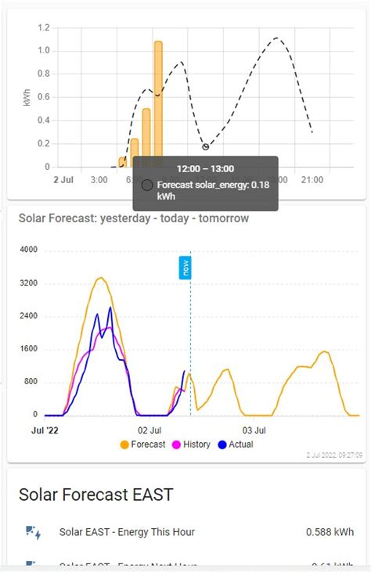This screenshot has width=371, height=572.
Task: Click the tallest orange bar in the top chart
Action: click(158, 102)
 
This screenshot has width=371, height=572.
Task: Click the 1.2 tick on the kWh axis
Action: click(43, 27)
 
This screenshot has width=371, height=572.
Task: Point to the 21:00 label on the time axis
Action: click(312, 180)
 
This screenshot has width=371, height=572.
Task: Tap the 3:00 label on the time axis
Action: click(99, 180)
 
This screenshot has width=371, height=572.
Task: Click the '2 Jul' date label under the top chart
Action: click(63, 180)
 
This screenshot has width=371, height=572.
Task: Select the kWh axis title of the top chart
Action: click(27, 97)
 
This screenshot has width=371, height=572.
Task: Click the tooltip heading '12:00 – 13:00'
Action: click(205, 168)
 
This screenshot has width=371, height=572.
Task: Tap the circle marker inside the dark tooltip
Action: click(147, 185)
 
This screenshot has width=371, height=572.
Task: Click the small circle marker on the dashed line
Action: click(206, 147)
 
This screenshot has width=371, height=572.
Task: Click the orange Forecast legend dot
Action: click(124, 444)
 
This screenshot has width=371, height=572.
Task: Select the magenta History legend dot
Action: click(176, 444)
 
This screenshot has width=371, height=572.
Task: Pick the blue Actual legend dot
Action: click(222, 444)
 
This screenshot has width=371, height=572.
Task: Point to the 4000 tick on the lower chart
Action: click(28, 250)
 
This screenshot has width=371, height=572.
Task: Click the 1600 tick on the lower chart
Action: click(28, 349)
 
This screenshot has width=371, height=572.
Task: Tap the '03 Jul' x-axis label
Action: click(254, 430)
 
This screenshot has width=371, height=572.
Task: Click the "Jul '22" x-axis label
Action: click(45, 430)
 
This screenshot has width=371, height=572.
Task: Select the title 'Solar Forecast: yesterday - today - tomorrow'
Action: click(134, 218)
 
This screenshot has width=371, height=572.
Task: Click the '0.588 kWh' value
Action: click(330, 532)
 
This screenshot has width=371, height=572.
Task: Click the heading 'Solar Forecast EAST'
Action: click(95, 495)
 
